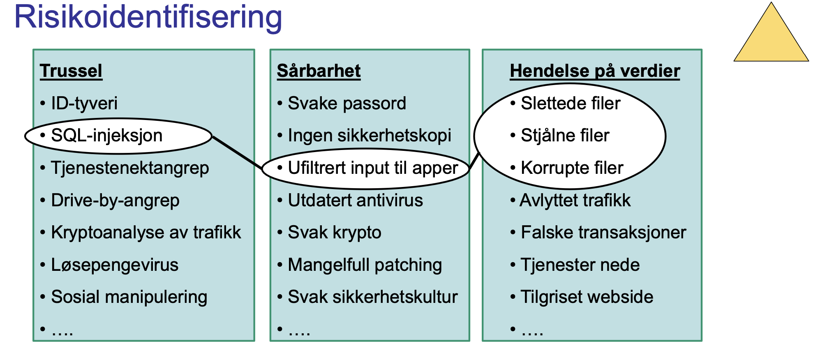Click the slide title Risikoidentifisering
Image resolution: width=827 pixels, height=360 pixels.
coord(148,17)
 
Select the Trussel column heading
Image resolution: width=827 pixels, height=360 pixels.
coord(71,71)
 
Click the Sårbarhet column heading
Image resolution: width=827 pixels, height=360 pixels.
coord(319,71)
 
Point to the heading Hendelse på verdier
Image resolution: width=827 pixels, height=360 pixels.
coord(595,71)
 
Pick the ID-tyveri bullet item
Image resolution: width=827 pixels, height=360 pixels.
coord(84,103)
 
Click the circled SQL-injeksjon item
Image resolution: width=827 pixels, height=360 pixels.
coord(106,136)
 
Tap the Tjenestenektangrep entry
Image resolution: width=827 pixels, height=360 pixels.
coord(129,168)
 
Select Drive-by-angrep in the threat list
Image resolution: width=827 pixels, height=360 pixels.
coord(115,201)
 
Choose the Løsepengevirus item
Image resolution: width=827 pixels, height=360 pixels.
coord(115,265)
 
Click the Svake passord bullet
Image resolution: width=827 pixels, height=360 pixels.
coord(347,103)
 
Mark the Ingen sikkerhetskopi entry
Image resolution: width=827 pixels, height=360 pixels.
coord(369,136)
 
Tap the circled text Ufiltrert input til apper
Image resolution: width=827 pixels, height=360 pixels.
coord(373,168)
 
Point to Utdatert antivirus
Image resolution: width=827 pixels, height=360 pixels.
coord(355,201)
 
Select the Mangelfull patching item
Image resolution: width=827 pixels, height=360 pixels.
coord(365,265)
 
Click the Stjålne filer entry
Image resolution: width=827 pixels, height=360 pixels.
coord(565,136)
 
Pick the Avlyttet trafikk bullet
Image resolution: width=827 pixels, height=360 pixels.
coord(575,201)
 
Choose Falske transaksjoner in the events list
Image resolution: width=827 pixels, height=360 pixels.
coord(603,233)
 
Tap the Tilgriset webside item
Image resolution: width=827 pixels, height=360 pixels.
coord(587,297)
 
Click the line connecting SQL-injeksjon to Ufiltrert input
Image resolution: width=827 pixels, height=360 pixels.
coord(237,152)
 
